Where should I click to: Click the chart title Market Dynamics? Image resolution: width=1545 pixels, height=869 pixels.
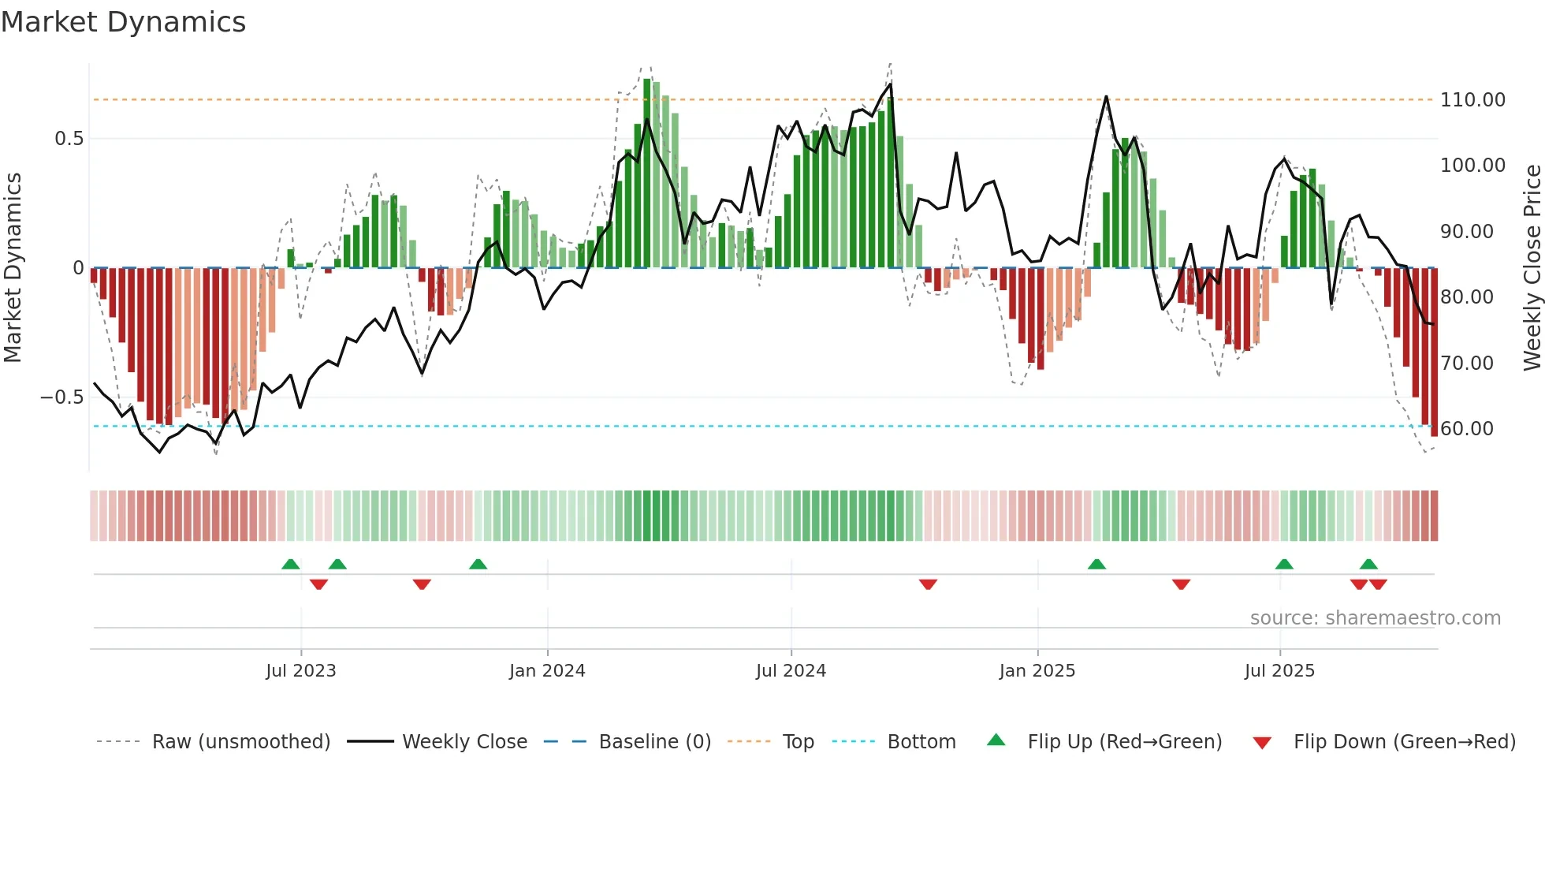123,22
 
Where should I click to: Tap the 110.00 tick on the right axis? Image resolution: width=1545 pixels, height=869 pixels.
1472,100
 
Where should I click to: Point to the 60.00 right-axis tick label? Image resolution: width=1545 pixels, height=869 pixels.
1466,429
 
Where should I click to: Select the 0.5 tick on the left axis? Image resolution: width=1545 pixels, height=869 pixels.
69,139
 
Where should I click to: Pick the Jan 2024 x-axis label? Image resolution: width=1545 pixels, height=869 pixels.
547,671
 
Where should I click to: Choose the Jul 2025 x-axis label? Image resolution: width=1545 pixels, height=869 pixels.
1279,671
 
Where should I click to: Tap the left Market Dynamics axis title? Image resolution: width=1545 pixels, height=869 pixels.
13,268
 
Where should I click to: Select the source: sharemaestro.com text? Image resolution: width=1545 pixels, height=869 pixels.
1375,618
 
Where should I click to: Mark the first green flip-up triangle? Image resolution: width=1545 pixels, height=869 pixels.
291,565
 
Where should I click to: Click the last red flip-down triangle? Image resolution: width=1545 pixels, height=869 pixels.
1378,584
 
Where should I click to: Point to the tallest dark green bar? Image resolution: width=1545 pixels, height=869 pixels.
647,173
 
